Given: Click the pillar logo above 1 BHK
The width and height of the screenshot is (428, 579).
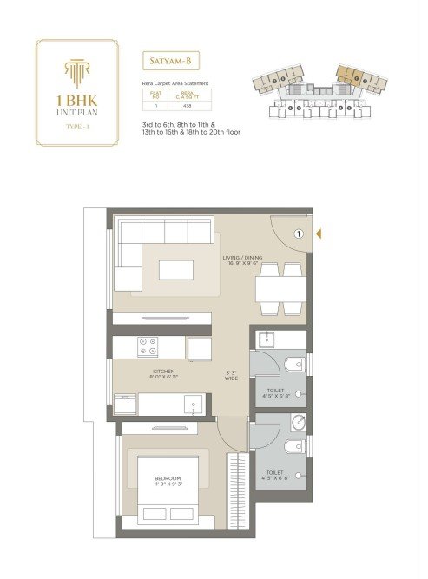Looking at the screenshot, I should tap(76, 69).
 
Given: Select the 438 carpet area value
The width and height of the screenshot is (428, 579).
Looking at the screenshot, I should tap(188, 104).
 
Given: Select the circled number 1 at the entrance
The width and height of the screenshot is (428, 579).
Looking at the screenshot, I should tap(298, 233).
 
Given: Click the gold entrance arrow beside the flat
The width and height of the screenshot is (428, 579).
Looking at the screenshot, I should tap(319, 233).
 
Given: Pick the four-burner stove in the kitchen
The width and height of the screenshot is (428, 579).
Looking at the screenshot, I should tap(148, 347).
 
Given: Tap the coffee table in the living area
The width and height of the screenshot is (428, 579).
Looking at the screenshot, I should tap(176, 270).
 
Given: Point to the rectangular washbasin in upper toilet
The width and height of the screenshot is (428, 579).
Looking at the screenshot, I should tap(267, 340).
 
